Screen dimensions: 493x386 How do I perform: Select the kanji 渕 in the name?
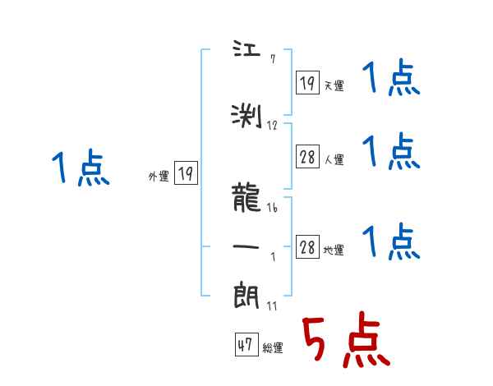point(246,116)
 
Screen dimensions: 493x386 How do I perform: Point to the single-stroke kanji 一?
point(246,246)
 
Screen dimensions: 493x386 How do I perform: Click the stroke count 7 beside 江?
point(273,58)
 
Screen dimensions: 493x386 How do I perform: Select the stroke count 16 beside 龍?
point(272,209)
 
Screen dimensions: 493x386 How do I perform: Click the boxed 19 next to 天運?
point(307,83)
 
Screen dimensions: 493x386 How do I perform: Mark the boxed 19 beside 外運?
point(186,173)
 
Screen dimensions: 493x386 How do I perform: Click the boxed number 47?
point(245,346)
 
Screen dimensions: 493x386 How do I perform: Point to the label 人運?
point(334,159)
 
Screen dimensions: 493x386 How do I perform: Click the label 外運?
point(159,176)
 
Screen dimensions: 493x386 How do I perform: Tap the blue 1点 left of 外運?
point(80,170)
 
